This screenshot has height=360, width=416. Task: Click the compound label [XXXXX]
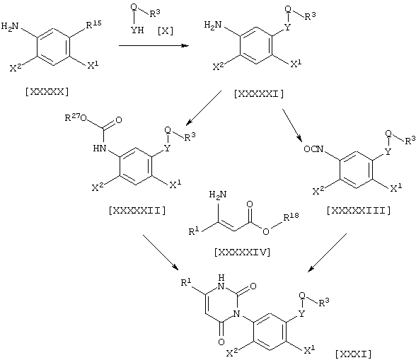pos(47,92)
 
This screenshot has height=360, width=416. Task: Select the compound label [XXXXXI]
pos(259,94)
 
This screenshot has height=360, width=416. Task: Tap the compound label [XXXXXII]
pos(137,211)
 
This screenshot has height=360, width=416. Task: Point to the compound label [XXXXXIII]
pos(359,211)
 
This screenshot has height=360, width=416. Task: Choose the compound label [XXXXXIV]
pos(242,252)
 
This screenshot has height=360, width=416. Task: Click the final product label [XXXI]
pos(354,354)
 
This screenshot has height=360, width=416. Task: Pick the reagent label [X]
pos(166,31)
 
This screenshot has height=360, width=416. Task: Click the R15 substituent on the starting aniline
pos(93,25)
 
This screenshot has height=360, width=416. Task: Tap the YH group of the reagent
pos(137,30)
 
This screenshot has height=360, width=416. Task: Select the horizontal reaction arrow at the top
pos(154,46)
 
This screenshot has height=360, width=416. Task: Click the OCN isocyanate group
pos(313,149)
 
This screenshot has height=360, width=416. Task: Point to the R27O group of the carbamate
pos(76,117)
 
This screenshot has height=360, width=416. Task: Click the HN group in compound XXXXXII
pos(100,148)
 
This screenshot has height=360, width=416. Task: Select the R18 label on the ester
pos(291,216)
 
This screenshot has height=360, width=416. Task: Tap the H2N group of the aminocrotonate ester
pos(218,194)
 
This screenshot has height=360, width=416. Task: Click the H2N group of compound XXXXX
pos(10,26)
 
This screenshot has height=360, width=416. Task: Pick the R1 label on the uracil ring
pos(186,282)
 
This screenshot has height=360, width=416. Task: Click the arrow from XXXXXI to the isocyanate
pos(292,125)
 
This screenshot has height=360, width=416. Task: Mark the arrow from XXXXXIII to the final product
pos(327,252)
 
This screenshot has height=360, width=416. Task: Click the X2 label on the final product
pos(232,353)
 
